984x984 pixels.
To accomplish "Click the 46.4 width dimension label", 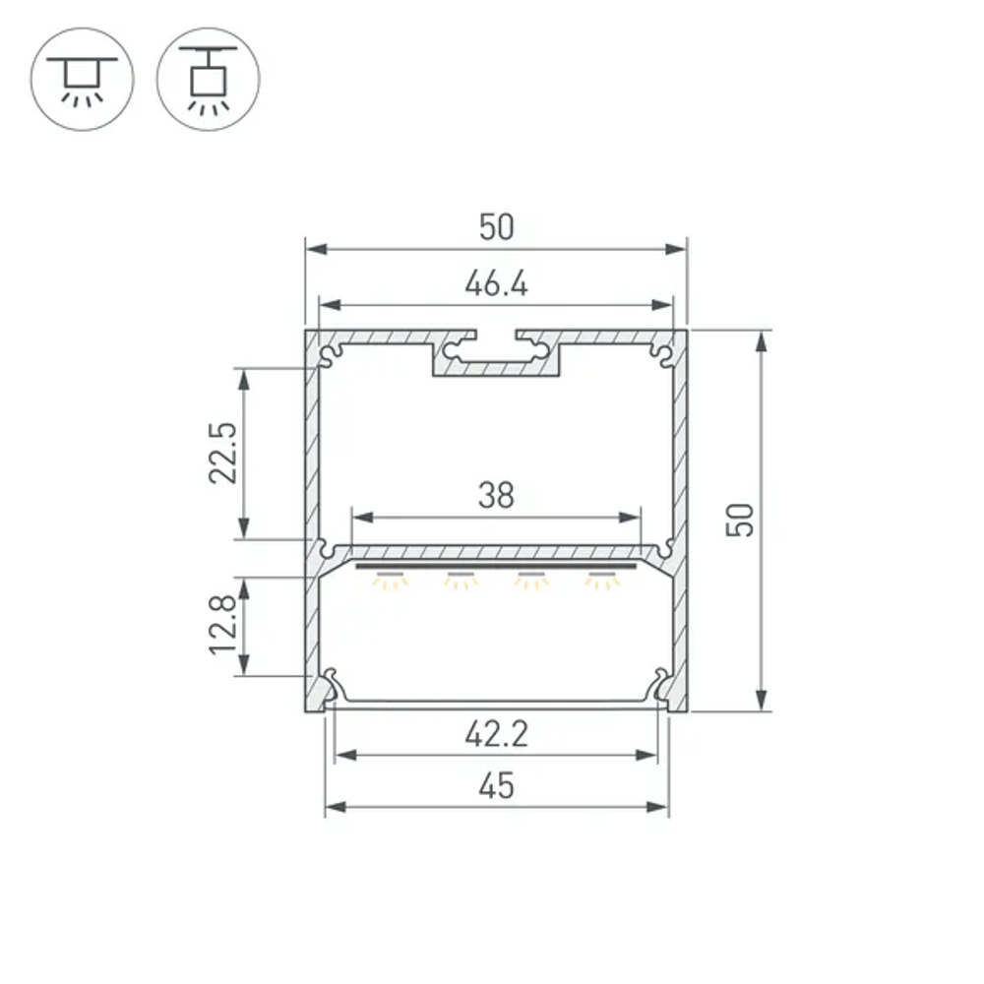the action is point(496,283).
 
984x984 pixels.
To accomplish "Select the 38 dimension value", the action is point(496,495).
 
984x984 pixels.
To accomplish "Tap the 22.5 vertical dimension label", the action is point(223,453).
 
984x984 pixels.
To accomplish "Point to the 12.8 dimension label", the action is point(223,625).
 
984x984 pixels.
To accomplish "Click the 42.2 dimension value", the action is point(496,734).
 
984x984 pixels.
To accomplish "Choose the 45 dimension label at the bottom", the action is point(496,785).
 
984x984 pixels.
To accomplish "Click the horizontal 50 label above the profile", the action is point(496,227).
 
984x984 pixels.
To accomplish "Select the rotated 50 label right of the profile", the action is point(741,520).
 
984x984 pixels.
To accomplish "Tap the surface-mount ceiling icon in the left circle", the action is point(83,82).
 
